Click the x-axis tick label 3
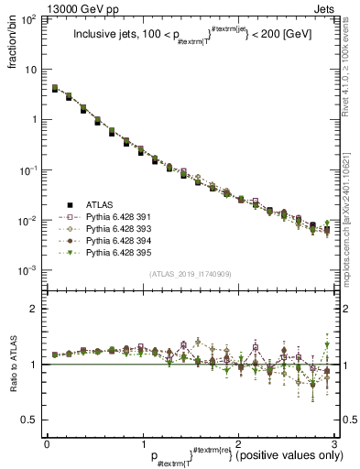point(335,442)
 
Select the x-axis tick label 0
point(47,442)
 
